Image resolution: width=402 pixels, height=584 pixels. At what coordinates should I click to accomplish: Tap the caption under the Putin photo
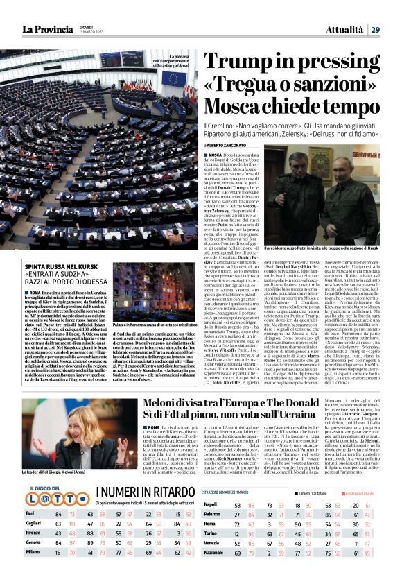point(331,248)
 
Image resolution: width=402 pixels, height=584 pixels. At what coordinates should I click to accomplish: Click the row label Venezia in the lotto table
point(212,552)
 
